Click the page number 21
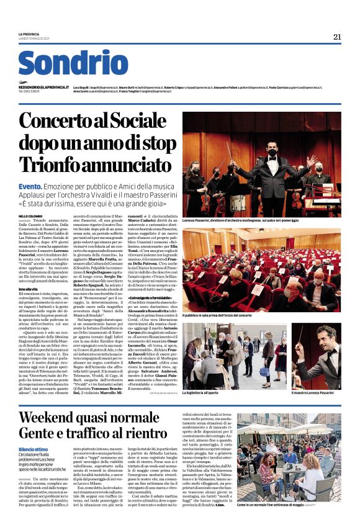click(x=337, y=37)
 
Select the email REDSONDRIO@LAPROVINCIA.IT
click(x=44, y=88)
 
